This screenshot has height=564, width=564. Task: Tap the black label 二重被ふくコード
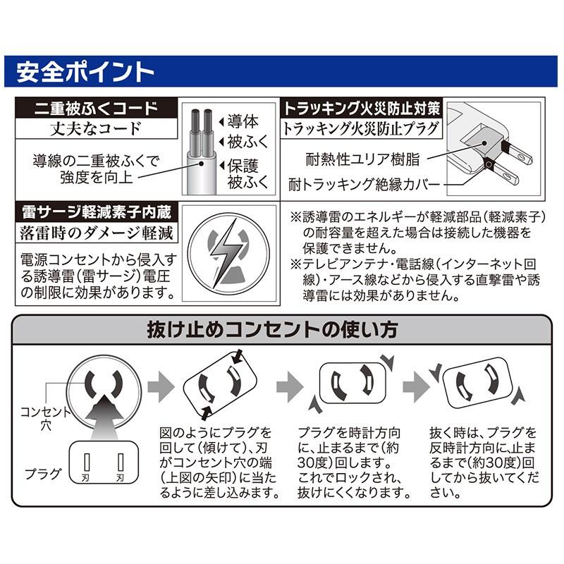(96, 109)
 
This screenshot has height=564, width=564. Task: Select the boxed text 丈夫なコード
(96, 129)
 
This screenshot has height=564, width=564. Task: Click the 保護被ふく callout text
(247, 175)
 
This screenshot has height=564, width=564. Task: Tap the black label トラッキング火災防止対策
(362, 109)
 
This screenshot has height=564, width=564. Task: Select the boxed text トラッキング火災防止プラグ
(362, 129)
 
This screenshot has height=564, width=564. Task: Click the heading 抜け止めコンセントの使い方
(282, 329)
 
